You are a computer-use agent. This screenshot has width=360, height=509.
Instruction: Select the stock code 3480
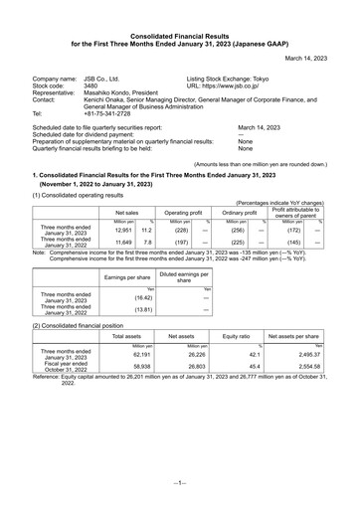(90, 86)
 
